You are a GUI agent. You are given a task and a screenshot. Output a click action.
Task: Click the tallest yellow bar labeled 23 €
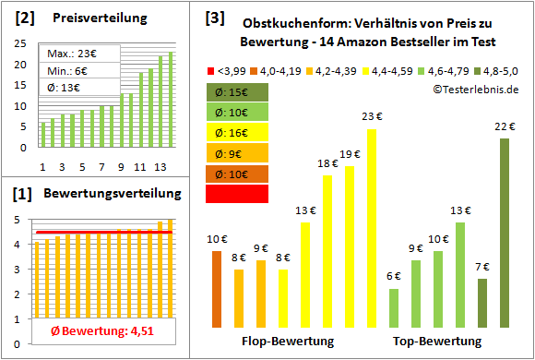pyautogui.click(x=372, y=229)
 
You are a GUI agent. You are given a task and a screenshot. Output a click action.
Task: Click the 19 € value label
pyautogui.click(x=350, y=154)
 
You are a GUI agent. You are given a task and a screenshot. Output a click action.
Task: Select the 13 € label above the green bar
pyautogui.click(x=460, y=211)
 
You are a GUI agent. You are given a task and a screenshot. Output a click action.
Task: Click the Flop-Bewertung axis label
pyautogui.click(x=289, y=342)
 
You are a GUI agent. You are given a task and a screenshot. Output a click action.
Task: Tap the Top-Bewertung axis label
pyautogui.click(x=437, y=342)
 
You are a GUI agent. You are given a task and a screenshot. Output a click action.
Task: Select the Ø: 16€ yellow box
pyautogui.click(x=238, y=133)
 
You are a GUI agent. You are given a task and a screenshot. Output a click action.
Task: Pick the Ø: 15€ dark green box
pyautogui.click(x=238, y=92)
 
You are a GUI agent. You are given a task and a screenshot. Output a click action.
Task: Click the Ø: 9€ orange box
pyautogui.click(x=238, y=153)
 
